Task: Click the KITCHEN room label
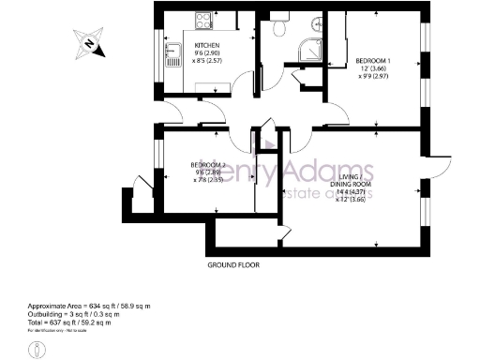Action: click(207, 46)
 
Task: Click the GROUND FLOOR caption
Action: click(233, 265)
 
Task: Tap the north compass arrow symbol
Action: click(89, 40)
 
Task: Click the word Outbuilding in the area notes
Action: click(49, 315)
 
